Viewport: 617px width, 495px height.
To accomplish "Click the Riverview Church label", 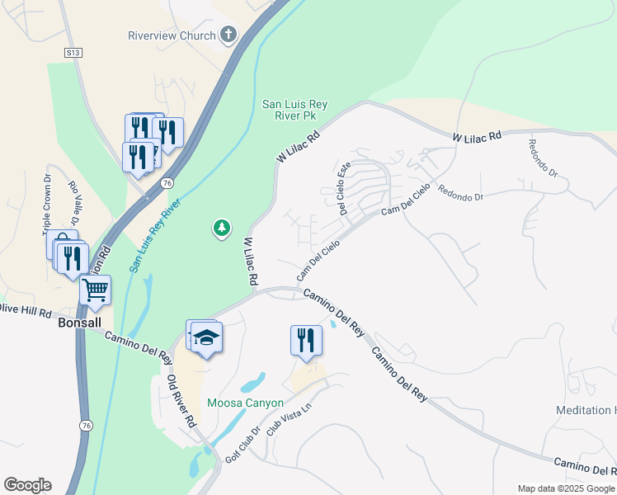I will (x=172, y=35).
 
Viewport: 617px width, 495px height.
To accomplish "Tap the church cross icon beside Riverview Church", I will (x=229, y=35).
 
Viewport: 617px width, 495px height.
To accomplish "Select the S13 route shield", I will (x=74, y=52).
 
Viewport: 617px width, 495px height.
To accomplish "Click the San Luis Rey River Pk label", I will (x=295, y=110).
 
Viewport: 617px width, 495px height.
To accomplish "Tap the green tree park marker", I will (x=221, y=228).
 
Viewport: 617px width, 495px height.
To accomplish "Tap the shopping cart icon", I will (x=95, y=290).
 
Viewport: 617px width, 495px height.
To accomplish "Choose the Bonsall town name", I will (x=79, y=324).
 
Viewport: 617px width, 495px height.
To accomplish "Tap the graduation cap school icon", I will (x=205, y=337).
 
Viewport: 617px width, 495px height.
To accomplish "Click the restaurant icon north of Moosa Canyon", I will (x=306, y=339).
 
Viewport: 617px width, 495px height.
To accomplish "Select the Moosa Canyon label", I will (x=245, y=403).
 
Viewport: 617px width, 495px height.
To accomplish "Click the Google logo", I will (x=27, y=485).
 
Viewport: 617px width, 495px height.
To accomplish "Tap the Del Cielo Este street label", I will (x=342, y=187).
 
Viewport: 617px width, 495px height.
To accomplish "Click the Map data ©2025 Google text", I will (x=566, y=488).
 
